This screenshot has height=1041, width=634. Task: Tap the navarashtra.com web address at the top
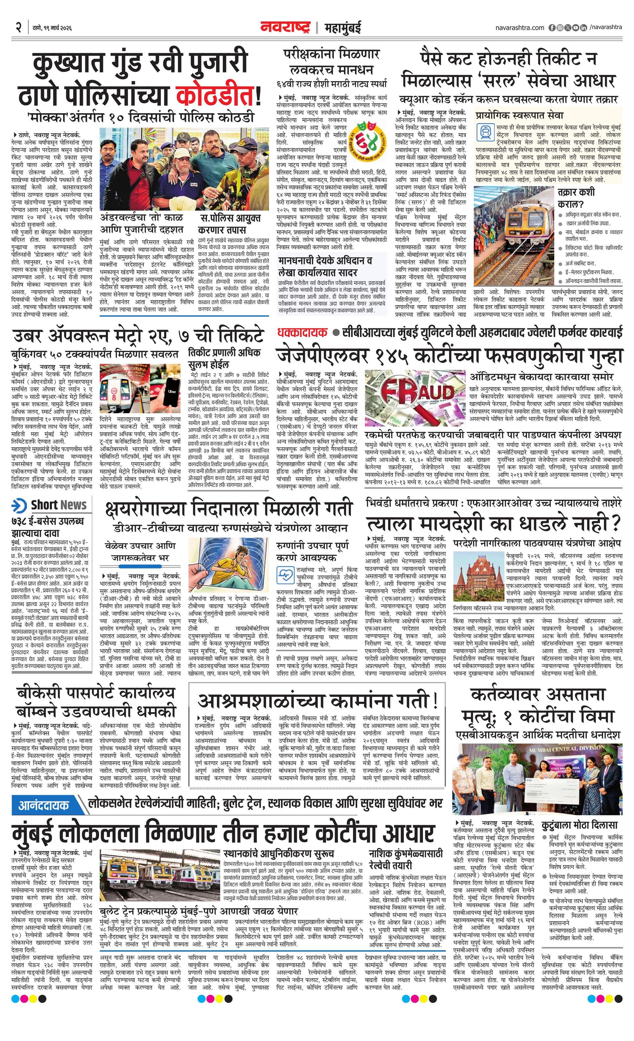(x=519, y=28)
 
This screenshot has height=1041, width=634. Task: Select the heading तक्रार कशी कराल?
(x=576, y=198)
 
